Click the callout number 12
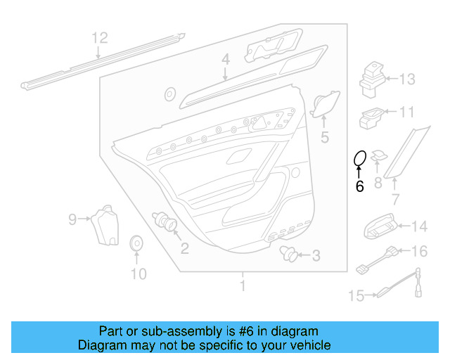100,37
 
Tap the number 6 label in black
359,186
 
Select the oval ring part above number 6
359,160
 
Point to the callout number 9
72,220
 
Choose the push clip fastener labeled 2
167,224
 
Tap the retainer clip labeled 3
287,253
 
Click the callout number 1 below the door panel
243,285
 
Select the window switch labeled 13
371,78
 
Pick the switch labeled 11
371,117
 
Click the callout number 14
419,226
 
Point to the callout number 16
419,251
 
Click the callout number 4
225,61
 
